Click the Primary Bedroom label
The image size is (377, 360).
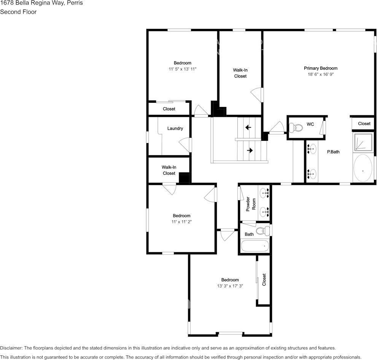pyautogui.click(x=320, y=68)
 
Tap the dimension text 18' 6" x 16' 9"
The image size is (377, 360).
pyautogui.click(x=320, y=75)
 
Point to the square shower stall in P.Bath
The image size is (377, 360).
pyautogui.click(x=363, y=142)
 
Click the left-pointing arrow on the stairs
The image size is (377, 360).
pyautogui.click(x=248, y=127)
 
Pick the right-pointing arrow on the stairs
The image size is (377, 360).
pyautogui.click(x=250, y=150)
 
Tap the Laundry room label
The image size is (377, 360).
pyautogui.click(x=175, y=129)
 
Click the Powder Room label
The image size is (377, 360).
pyautogui.click(x=251, y=204)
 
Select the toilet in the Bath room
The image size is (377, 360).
pyautogui.click(x=262, y=231)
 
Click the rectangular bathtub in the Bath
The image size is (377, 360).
pyautogui.click(x=255, y=246)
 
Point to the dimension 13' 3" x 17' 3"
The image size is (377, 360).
pyautogui.click(x=230, y=286)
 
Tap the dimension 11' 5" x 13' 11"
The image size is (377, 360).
pyautogui.click(x=183, y=69)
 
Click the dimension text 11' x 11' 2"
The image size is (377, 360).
pyautogui.click(x=181, y=222)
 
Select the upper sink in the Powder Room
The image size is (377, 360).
pyautogui.click(x=264, y=194)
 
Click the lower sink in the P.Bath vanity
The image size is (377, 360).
pyautogui.click(x=312, y=174)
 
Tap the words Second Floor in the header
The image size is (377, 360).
pyautogui.click(x=18, y=12)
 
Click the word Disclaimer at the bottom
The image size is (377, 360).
pyautogui.click(x=11, y=348)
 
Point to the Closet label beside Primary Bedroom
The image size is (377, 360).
pyautogui.click(x=364, y=124)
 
